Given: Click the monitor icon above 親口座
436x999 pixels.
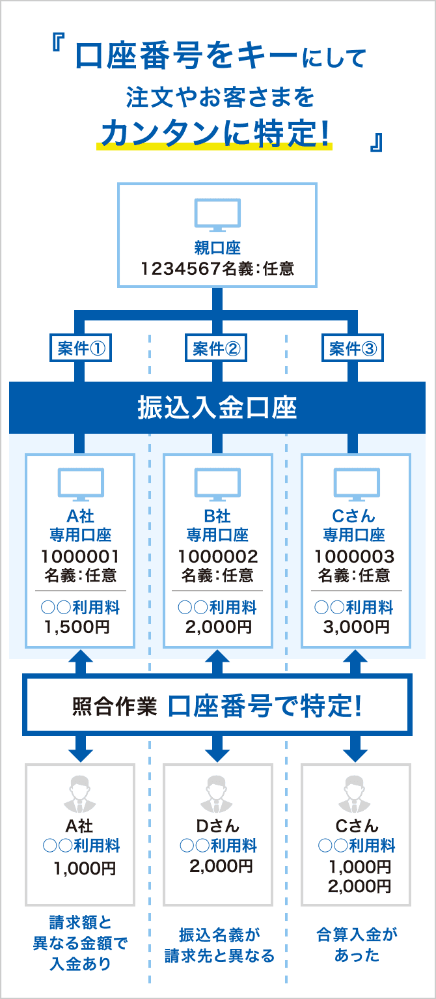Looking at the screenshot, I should (217, 215).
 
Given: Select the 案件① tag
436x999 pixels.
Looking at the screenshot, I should (80, 350).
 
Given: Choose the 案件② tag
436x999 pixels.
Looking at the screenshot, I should (217, 350).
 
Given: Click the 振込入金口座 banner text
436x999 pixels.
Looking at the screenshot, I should (217, 408).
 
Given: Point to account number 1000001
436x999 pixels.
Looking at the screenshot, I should (80, 557).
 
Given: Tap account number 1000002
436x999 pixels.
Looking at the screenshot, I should (217, 557).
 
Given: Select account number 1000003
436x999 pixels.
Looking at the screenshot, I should (355, 557).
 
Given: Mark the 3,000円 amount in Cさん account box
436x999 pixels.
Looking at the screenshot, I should (355, 627).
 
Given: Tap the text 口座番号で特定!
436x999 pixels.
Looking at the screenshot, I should (264, 706).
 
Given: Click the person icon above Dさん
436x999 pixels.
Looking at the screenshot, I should (217, 792).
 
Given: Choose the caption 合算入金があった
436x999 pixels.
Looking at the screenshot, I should (356, 945).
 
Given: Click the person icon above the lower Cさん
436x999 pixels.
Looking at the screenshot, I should (355, 792).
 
